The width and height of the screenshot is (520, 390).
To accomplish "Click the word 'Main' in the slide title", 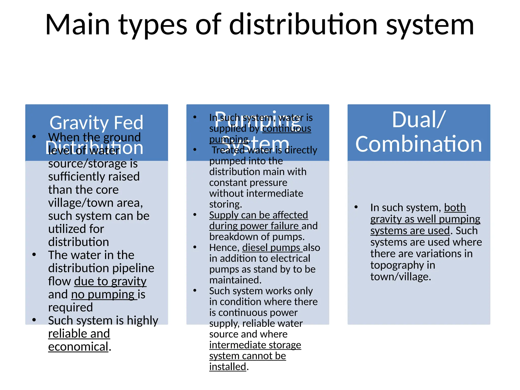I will point(77,25).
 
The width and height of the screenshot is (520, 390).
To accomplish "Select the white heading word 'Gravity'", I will point(79,123).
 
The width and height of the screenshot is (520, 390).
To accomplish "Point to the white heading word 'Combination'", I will point(418,144).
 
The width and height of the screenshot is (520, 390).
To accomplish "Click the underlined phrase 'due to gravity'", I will point(110,281).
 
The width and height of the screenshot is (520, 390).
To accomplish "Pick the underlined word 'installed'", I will point(227,367).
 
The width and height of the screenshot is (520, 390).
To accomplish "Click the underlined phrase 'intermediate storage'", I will point(255,345).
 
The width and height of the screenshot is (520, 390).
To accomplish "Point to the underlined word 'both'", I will point(455,208).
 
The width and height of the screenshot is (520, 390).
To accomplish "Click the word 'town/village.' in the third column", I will point(401,277).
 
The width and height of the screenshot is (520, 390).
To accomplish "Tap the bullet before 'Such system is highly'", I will point(34,320).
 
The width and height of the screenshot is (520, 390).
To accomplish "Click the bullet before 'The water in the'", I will point(34,255).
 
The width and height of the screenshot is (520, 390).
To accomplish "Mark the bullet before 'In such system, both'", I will point(356,207).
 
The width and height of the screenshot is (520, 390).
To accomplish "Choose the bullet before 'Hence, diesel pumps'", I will point(195,247).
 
